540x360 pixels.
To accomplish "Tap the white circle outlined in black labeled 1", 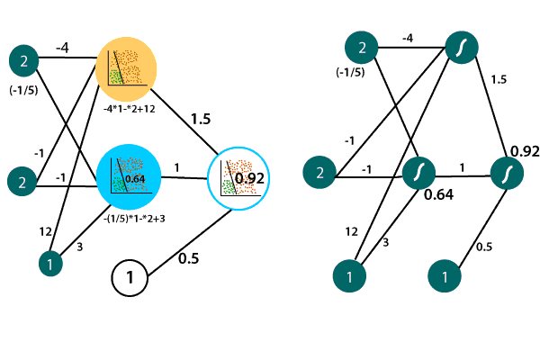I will point(130,277).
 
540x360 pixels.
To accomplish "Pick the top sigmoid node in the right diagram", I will point(461,46).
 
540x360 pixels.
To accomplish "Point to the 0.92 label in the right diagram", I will point(524,150).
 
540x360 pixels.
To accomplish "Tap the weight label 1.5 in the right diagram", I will point(499,80).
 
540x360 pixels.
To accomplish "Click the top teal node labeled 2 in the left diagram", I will point(24,61).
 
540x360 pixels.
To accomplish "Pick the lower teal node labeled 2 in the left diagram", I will point(24,181).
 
